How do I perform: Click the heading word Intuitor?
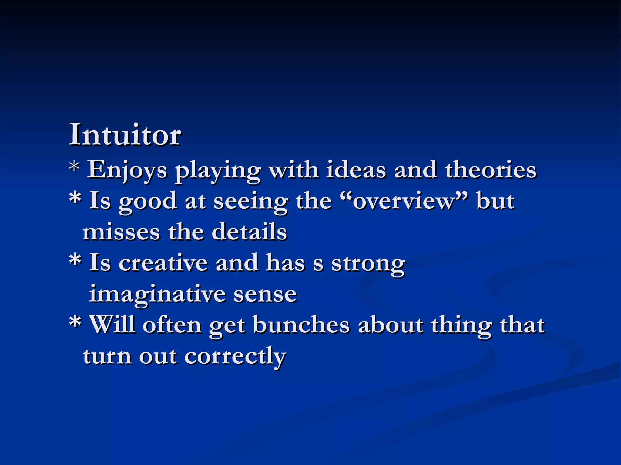[x=125, y=135]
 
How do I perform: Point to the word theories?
[x=491, y=170]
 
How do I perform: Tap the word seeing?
[x=251, y=202]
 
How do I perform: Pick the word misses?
[x=121, y=232]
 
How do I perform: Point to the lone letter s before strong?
[x=318, y=264]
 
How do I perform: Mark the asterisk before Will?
[x=75, y=322]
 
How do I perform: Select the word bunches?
[x=301, y=325]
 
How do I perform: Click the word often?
[x=172, y=325]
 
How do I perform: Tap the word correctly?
[x=235, y=357]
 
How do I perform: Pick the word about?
[x=391, y=325]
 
